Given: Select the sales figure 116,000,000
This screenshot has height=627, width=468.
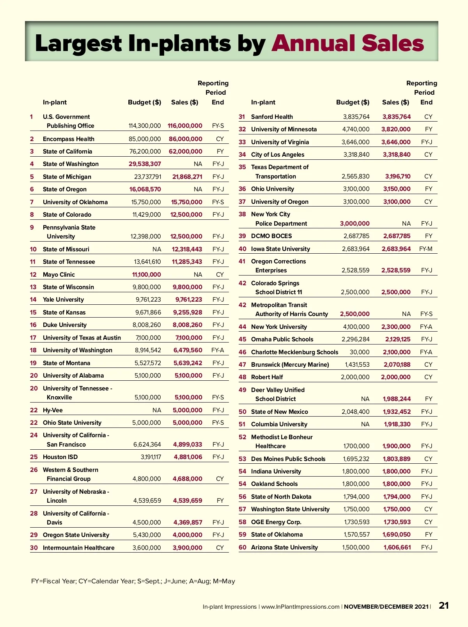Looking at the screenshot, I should (x=185, y=126).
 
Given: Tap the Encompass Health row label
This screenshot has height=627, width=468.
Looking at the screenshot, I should (x=69, y=139).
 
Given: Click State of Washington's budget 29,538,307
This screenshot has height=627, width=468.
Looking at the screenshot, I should (x=145, y=164).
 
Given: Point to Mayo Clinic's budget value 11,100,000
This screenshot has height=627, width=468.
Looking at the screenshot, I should (x=146, y=275).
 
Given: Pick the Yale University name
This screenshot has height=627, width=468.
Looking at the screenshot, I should (x=63, y=300).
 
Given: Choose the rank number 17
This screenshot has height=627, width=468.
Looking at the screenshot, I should (x=33, y=338).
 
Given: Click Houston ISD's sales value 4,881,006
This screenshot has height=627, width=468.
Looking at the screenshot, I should (x=188, y=457).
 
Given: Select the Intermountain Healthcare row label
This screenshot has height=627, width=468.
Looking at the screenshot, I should (x=78, y=548).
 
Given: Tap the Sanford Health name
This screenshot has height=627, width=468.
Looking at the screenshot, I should (x=272, y=117).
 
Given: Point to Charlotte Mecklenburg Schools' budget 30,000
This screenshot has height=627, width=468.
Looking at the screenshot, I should (x=360, y=352).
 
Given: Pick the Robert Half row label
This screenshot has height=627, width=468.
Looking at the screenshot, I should (x=267, y=377).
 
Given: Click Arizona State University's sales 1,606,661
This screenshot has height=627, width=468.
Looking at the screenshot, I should (x=397, y=548).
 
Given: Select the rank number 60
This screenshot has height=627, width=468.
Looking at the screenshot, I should (x=242, y=548).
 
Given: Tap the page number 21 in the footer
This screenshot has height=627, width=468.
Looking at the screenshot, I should (x=444, y=606).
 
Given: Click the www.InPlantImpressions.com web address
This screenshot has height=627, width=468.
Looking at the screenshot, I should (x=300, y=607).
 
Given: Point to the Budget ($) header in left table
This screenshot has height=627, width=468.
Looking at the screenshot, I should (x=144, y=102).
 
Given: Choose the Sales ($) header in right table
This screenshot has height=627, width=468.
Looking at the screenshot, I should (x=395, y=102).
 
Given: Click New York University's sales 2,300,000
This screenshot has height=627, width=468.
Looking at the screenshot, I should (x=396, y=327).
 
